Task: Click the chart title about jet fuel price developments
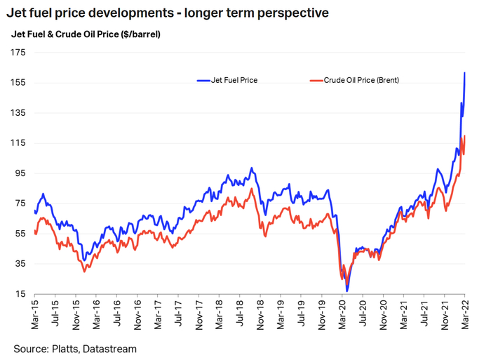click(168, 13)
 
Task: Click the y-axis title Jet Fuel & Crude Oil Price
click(86, 34)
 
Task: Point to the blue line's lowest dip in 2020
click(347, 291)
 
